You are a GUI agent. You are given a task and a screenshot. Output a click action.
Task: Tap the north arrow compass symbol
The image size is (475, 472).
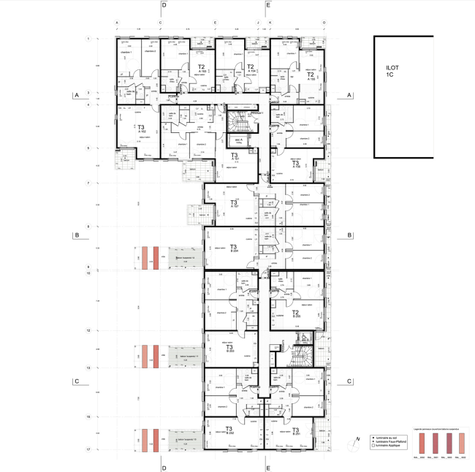point(356,438)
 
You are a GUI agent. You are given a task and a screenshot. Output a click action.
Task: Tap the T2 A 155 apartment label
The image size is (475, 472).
point(310,75)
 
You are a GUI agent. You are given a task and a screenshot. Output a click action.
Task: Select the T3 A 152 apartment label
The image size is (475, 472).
point(141,129)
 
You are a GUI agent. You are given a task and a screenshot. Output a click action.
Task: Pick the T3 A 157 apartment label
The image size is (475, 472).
point(234,204)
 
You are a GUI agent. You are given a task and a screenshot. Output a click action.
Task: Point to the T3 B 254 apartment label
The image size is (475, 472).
point(234,248)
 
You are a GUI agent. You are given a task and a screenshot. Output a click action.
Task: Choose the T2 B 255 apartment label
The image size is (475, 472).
point(296,314)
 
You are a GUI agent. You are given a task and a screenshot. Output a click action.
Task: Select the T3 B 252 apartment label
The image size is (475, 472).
point(229,431)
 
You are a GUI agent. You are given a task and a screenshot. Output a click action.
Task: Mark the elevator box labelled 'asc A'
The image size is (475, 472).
point(238,141)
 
